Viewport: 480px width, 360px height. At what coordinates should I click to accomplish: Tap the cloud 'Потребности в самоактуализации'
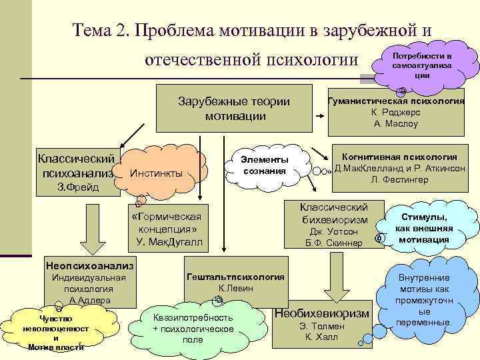(421, 64)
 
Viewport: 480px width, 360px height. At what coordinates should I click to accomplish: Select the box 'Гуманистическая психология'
(396, 111)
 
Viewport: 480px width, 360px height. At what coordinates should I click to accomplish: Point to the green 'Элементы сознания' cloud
(265, 165)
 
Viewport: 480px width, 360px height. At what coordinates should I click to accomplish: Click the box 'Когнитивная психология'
(399, 167)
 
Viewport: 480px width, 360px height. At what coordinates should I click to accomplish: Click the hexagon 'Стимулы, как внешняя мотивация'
(424, 229)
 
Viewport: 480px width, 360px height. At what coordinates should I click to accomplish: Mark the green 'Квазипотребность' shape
(193, 323)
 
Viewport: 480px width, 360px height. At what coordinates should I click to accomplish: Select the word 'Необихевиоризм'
(321, 313)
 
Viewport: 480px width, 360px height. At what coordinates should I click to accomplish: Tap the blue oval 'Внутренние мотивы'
(424, 300)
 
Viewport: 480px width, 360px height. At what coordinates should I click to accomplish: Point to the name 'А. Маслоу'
(396, 123)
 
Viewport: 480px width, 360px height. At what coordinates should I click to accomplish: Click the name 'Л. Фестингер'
(399, 180)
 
